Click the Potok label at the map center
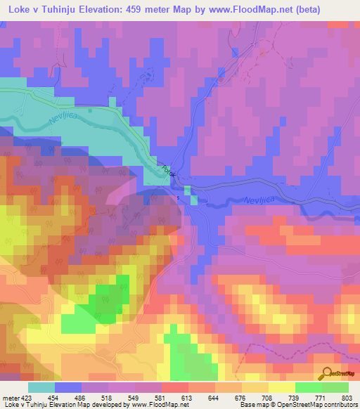pyautogui.click(x=167, y=169)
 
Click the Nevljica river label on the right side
pyautogui.click(x=251, y=201)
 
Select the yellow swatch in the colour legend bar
pyautogui.click(x=281, y=387)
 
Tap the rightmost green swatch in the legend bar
pyautogui.click(x=335, y=387)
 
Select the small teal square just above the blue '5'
pyautogui.click(x=187, y=190)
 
